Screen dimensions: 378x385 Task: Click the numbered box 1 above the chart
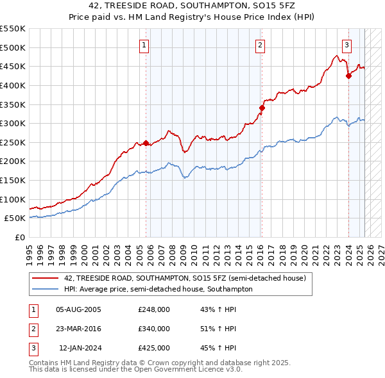pos(144,45)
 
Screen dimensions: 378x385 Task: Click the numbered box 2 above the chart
pos(261,45)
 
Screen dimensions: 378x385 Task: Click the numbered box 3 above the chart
pos(346,45)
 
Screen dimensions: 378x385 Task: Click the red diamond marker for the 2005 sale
pos(146,143)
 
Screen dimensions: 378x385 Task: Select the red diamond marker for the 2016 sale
pos(262,108)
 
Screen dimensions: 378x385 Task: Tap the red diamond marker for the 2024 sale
pos(348,76)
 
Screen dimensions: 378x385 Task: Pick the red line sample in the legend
pos(46,278)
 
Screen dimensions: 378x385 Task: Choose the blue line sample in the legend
pos(46,289)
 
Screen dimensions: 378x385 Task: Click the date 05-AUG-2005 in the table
pos(79,309)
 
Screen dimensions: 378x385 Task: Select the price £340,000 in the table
pos(154,329)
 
